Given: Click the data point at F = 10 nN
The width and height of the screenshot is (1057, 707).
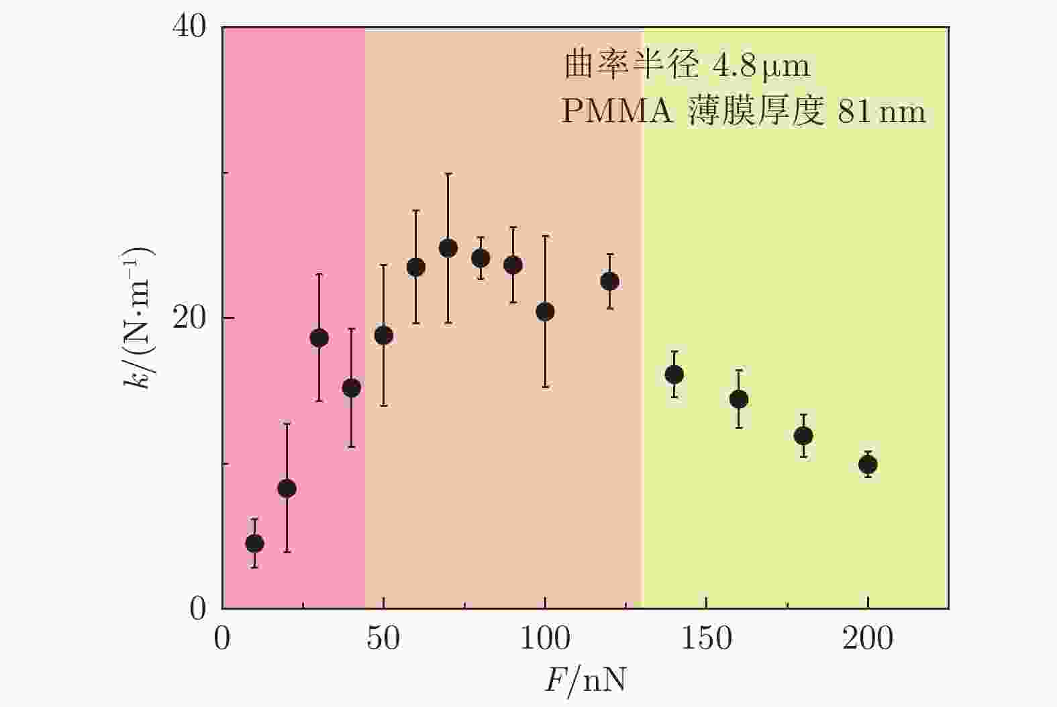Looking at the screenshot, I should pyautogui.click(x=254, y=543).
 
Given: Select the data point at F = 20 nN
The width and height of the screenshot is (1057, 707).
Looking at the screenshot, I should pyautogui.click(x=287, y=488).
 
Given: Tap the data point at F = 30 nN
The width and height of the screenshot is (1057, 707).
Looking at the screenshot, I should pyautogui.click(x=319, y=338).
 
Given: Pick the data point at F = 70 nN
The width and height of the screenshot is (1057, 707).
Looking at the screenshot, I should pyautogui.click(x=448, y=248).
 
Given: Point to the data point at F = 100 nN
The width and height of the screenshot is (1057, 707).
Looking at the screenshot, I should pyautogui.click(x=545, y=312).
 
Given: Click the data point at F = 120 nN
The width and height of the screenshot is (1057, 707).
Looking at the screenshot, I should pyautogui.click(x=609, y=281).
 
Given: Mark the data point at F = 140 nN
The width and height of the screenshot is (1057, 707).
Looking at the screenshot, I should pyautogui.click(x=674, y=375).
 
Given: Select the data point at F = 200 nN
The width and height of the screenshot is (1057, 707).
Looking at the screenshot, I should pyautogui.click(x=868, y=465).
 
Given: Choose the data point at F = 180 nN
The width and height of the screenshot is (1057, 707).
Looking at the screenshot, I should pyautogui.click(x=803, y=436).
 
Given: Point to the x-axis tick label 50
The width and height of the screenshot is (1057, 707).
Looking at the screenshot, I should pyautogui.click(x=383, y=639).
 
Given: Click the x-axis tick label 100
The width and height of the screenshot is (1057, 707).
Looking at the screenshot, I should pyautogui.click(x=545, y=639).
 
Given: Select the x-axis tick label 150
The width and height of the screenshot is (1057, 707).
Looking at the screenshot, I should pyautogui.click(x=706, y=639).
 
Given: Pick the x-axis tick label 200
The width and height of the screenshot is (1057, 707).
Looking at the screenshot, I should pyautogui.click(x=868, y=639).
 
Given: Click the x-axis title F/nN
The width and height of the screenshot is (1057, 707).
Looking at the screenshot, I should pyautogui.click(x=585, y=680).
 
